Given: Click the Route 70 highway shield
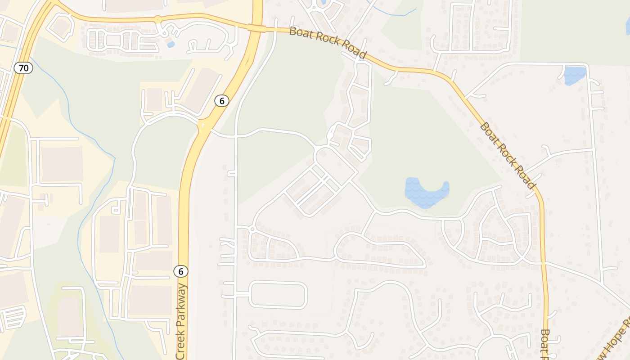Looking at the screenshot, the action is (23, 68).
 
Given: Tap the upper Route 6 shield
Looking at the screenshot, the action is (221, 101).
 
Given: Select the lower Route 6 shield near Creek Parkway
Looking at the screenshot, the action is (181, 271).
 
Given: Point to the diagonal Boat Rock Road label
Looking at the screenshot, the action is (508, 155).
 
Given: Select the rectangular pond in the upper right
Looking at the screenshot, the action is (575, 75).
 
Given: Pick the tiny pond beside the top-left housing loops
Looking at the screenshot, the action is (171, 44).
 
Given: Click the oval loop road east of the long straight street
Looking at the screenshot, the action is (278, 295).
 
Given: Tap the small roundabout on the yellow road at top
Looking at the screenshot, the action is (157, 20).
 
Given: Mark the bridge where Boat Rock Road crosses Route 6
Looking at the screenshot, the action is (257, 28).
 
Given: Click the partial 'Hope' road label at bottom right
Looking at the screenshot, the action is (614, 340).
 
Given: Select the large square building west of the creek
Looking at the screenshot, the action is (62, 164).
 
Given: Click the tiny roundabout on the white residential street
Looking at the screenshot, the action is (252, 229).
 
